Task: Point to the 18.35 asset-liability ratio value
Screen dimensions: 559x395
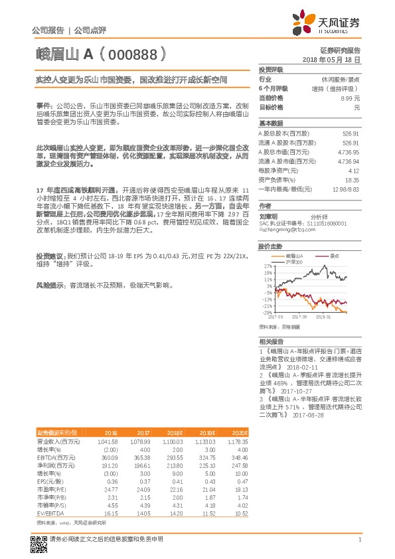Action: click(x=351, y=179)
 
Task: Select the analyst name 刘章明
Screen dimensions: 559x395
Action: click(x=268, y=216)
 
